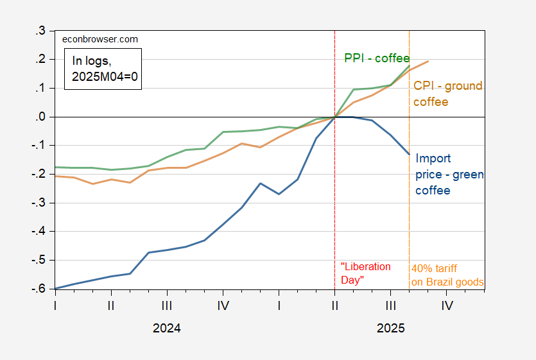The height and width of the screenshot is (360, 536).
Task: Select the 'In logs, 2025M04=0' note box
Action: point(105,68)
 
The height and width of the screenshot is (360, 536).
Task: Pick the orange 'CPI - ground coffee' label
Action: point(447,94)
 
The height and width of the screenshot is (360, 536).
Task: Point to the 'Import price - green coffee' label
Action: point(450,174)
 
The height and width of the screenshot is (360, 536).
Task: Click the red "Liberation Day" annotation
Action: point(365,273)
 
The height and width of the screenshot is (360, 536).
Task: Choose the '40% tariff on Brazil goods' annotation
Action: point(447,275)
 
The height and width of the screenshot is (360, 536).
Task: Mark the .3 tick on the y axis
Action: point(40,31)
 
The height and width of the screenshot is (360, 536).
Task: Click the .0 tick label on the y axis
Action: point(40,117)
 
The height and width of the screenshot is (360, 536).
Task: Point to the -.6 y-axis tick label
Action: point(38,289)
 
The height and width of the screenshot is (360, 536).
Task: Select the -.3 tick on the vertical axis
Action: point(38,203)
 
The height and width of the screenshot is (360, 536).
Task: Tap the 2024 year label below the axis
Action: point(167,328)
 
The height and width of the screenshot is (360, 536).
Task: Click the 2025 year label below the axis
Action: point(391,328)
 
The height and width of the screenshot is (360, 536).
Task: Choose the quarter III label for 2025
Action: point(391,306)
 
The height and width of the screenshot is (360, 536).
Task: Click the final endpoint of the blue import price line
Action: point(410,154)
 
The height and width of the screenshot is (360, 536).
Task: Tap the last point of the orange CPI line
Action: point(428,61)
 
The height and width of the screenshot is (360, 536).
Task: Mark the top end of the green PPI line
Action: point(410,65)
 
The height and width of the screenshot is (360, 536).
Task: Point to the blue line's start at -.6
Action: point(56,289)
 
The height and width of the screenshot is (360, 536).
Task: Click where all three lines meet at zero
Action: point(334,117)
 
